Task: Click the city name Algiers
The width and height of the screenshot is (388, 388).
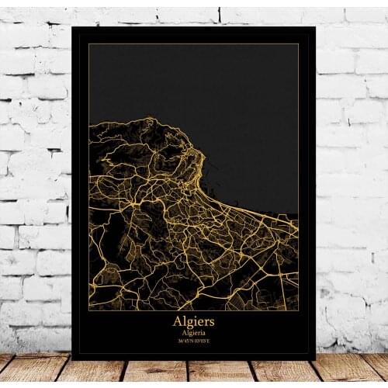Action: tap(193, 320)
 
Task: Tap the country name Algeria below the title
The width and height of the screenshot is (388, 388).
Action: tap(193, 331)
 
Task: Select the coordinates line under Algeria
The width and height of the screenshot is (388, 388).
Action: tap(193, 339)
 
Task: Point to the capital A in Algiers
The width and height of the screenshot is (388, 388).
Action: tap(177, 320)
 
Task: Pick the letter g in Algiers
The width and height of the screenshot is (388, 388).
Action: tap(189, 321)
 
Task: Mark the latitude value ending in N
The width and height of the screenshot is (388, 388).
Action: tap(187, 339)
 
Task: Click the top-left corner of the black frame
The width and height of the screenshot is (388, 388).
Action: tap(72, 26)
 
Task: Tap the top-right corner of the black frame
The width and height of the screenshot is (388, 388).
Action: tap(315, 26)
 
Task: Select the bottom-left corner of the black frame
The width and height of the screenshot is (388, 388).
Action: tap(72, 359)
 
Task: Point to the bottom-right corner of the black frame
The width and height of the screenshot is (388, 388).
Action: tap(315, 359)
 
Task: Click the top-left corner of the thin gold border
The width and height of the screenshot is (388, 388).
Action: tap(88, 43)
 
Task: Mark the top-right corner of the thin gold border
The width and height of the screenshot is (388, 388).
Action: tap(299, 43)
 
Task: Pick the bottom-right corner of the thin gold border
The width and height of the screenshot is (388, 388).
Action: tap(299, 310)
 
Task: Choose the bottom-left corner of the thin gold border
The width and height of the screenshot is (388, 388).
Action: tap(88, 310)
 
